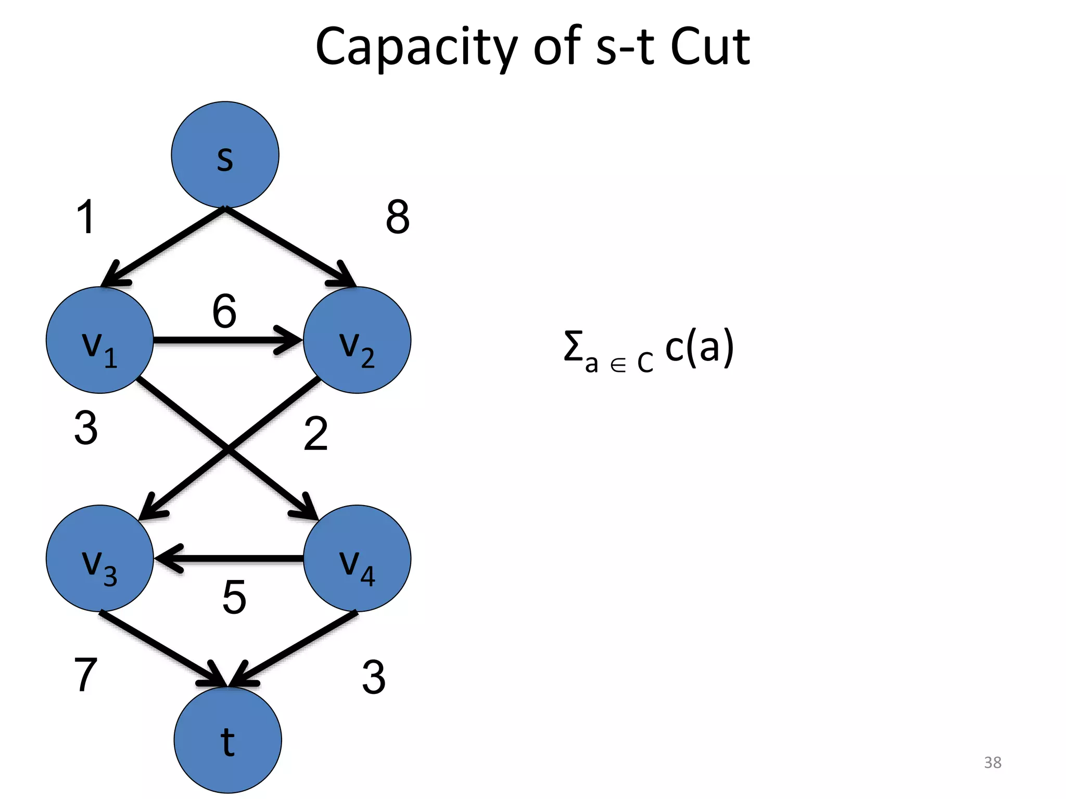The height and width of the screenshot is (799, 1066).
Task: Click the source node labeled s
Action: pyautogui.click(x=225, y=154)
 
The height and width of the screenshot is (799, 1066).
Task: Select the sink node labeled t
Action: pyautogui.click(x=227, y=740)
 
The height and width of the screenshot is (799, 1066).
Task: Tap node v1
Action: pyautogui.click(x=99, y=340)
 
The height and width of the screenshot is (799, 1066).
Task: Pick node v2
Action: pyautogui.click(x=357, y=340)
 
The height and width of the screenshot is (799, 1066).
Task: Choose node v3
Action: pyautogui.click(x=99, y=558)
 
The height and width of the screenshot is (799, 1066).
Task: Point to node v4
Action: pyautogui.click(x=357, y=558)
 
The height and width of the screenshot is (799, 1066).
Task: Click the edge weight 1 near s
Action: pyautogui.click(x=86, y=217)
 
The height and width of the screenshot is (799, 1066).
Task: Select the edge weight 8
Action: pyautogui.click(x=398, y=217)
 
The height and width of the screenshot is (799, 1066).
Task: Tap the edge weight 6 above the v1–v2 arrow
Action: pyautogui.click(x=224, y=311)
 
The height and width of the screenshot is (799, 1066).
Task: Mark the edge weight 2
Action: pyautogui.click(x=315, y=433)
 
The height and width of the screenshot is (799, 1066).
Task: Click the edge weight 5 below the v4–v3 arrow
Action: pyautogui.click(x=234, y=597)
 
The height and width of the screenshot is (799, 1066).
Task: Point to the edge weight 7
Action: pyautogui.click(x=86, y=675)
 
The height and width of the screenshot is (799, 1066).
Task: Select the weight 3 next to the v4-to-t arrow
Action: pyautogui.click(x=373, y=677)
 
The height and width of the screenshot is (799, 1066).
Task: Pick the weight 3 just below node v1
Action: pyautogui.click(x=86, y=428)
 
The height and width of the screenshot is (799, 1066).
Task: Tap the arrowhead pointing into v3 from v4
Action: pyautogui.click(x=168, y=559)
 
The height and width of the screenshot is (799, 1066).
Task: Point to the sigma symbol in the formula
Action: pyautogui.click(x=573, y=346)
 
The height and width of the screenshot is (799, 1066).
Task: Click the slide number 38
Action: pyautogui.click(x=992, y=762)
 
